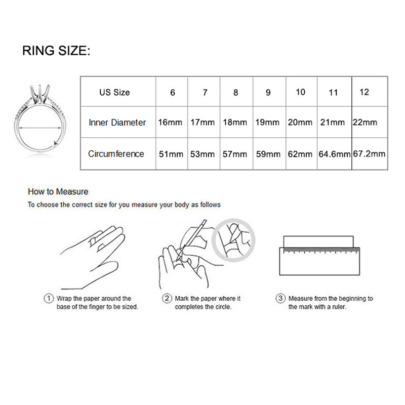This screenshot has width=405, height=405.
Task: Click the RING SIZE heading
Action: [56, 50]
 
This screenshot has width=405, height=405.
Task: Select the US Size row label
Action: [114, 92]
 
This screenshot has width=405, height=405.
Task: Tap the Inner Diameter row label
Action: [117, 123]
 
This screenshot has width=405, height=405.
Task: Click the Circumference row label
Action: [116, 154]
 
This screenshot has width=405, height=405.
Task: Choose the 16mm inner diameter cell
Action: [170, 122]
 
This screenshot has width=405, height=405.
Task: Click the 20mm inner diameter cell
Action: [300, 122]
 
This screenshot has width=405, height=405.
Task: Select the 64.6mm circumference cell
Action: [335, 154]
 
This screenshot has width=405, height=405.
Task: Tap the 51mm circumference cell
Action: [171, 154]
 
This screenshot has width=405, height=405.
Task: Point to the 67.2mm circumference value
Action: [370, 154]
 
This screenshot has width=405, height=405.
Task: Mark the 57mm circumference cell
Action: [235, 154]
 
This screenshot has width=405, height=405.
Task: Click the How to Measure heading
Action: [58, 192]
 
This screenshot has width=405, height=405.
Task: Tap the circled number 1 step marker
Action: [49, 298]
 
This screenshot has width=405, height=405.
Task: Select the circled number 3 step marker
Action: [280, 298]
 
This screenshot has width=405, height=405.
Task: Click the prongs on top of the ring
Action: [39, 93]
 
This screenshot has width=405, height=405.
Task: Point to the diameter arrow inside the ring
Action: [40, 128]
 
